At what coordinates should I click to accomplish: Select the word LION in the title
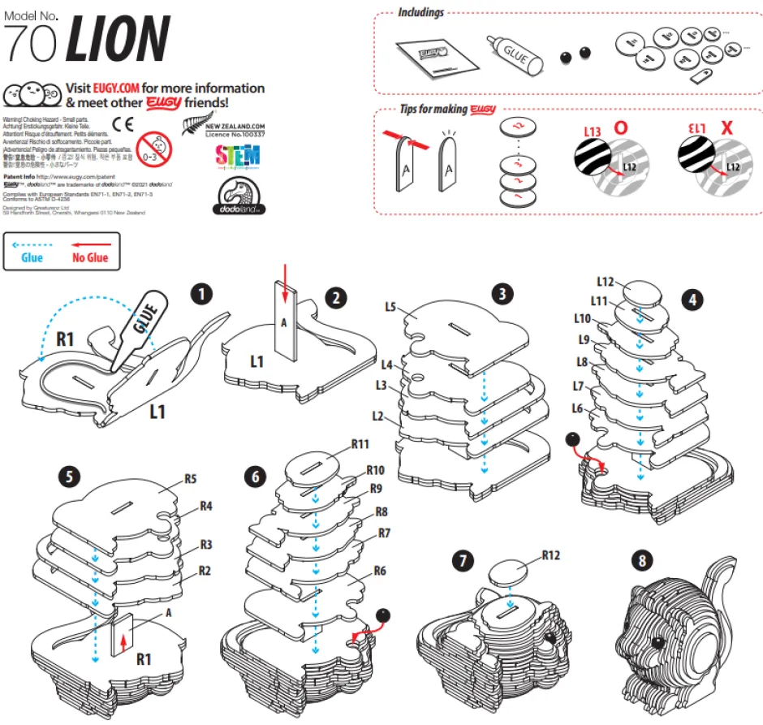(x=118, y=38)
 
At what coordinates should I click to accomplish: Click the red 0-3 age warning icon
(x=156, y=143)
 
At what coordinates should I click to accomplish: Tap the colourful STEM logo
(x=238, y=155)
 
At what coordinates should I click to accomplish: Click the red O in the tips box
(x=620, y=127)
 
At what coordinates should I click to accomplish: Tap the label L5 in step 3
(x=390, y=307)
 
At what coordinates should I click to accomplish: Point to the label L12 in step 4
(x=605, y=282)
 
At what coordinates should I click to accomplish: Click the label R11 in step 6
(x=361, y=444)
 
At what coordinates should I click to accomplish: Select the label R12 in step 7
(x=553, y=556)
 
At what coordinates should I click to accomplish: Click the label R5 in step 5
(x=191, y=478)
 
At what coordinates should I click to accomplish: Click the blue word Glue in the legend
(x=32, y=258)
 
